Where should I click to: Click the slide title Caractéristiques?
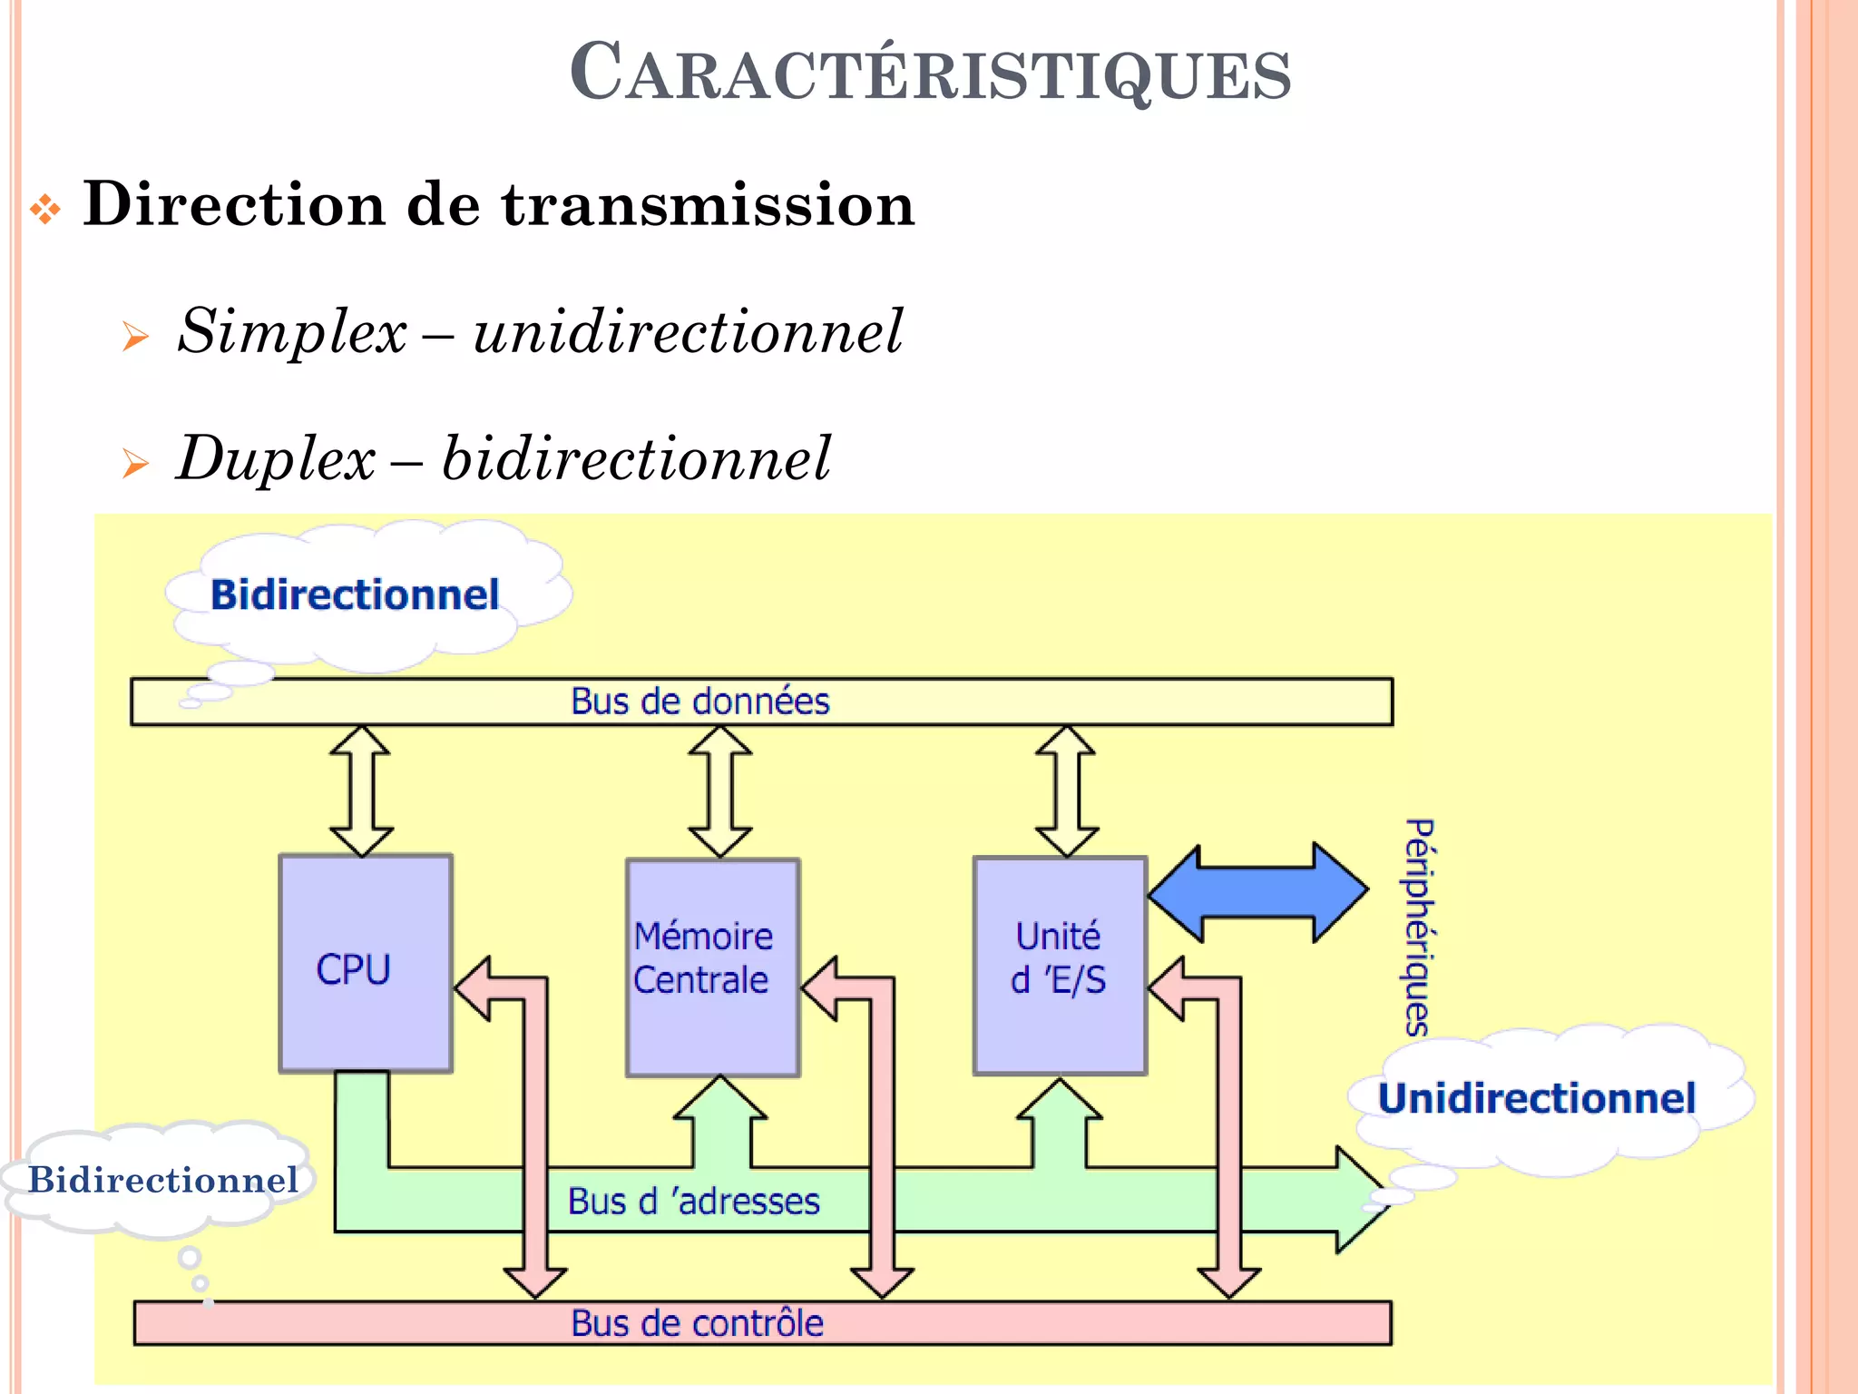point(930,73)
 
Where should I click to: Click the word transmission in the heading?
point(708,204)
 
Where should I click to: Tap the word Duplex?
point(276,457)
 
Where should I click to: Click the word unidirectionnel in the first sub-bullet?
point(688,330)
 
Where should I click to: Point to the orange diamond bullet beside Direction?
point(45,210)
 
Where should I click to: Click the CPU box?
point(365,964)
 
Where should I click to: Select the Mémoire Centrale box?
point(712,967)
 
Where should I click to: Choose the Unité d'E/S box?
point(1059,964)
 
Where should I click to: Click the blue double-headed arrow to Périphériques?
point(1257,892)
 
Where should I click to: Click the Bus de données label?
point(699,702)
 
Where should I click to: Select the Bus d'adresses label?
point(693,1202)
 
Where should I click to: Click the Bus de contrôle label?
point(697,1323)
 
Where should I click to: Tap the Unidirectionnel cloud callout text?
point(1537,1098)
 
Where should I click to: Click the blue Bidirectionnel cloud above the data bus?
point(355,595)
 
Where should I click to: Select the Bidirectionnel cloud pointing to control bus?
point(163,1180)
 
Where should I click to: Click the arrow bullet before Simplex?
point(136,337)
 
